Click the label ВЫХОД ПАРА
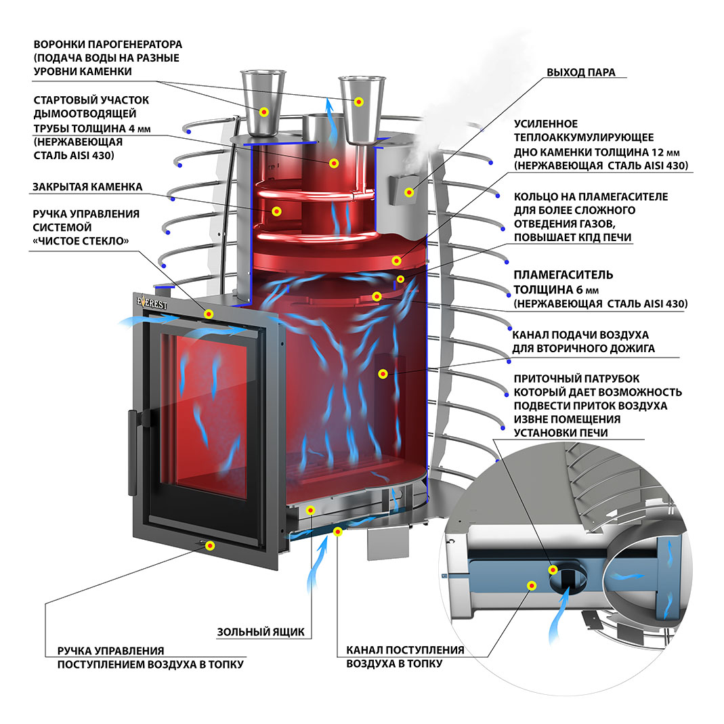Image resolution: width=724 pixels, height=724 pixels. pos(581,72)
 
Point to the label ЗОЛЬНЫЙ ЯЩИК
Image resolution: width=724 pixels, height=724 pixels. pos(260,633)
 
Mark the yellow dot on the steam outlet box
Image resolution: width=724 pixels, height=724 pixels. pos(409,192)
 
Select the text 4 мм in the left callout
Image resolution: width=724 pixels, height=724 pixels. pos(133,127)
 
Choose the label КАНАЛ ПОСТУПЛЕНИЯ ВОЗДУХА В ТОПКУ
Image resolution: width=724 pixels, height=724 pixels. pos(405,656)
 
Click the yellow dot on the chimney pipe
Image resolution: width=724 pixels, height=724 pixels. pos(333,163)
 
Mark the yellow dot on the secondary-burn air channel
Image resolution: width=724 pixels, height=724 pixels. pos(383,373)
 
